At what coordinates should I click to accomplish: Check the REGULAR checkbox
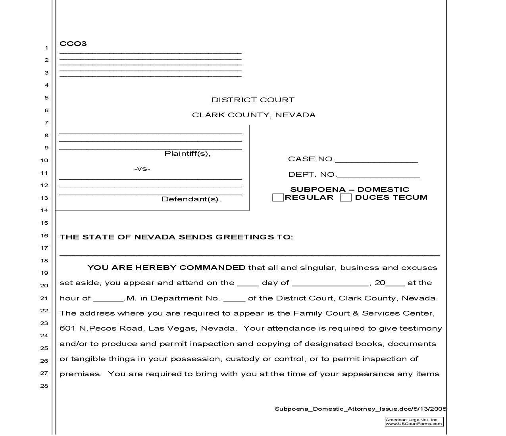(278, 197)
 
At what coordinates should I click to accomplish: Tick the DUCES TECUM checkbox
(346, 197)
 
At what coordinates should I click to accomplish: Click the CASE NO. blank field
(376, 160)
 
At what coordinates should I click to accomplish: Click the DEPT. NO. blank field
(378, 175)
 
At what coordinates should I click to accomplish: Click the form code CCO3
(73, 44)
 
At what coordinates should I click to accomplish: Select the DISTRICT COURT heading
(253, 100)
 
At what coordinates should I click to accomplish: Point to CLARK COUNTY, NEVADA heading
(254, 115)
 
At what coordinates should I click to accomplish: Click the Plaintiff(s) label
(187, 153)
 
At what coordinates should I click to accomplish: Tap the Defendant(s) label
(191, 199)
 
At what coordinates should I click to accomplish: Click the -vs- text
(142, 169)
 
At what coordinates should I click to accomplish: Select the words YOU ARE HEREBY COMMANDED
(166, 268)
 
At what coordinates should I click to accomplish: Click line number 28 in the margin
(44, 386)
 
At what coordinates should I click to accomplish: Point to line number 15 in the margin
(44, 223)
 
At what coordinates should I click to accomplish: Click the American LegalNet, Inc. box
(414, 422)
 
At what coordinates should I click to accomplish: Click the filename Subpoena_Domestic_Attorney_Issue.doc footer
(360, 409)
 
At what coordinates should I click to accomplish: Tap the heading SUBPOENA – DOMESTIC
(350, 189)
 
